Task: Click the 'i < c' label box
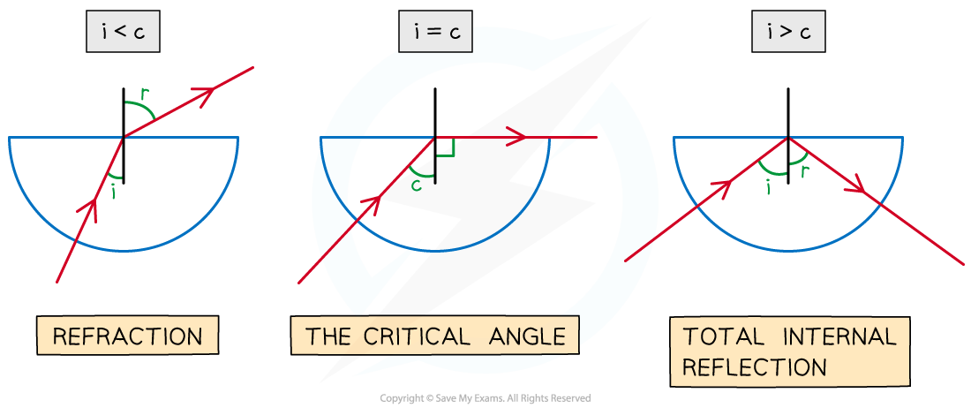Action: (123, 34)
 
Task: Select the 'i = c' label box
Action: (435, 34)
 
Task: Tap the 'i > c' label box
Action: (788, 34)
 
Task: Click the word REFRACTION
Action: (127, 336)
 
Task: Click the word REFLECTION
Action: (755, 367)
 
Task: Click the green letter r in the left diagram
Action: (144, 92)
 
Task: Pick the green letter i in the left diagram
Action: (113, 190)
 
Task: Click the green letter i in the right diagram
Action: (768, 186)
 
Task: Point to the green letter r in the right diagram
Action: (804, 171)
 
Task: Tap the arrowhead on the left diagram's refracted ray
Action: (207, 93)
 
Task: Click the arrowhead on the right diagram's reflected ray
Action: (854, 185)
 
